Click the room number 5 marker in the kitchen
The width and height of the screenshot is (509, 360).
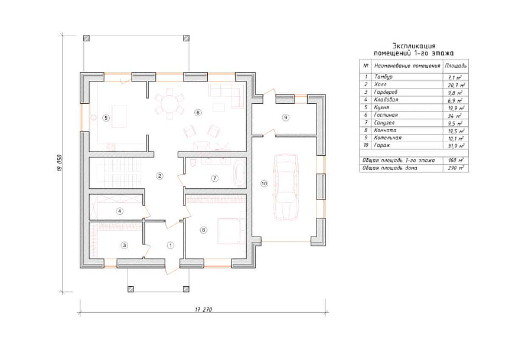[x=106, y=117]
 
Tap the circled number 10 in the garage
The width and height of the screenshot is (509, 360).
[x=264, y=184]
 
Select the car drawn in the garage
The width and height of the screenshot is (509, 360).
[x=286, y=188]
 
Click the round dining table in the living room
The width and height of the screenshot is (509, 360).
[x=169, y=104]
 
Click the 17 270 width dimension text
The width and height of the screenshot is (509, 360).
[x=204, y=309]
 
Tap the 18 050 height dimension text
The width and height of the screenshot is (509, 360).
[x=60, y=163]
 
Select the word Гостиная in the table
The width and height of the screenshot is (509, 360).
[x=386, y=115]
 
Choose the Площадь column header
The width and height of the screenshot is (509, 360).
[x=456, y=66]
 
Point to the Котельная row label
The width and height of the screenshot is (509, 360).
[x=387, y=138]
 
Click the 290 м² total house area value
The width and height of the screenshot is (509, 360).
[x=456, y=168]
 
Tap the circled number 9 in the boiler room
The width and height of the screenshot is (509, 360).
[x=285, y=117]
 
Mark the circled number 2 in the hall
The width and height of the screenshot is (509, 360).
[x=159, y=176]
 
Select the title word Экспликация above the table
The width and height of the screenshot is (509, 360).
[x=414, y=45]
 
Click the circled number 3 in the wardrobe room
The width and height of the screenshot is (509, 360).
[x=125, y=245]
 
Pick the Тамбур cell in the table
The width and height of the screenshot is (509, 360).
[x=383, y=77]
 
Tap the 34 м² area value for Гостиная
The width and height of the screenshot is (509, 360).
[x=455, y=116]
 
